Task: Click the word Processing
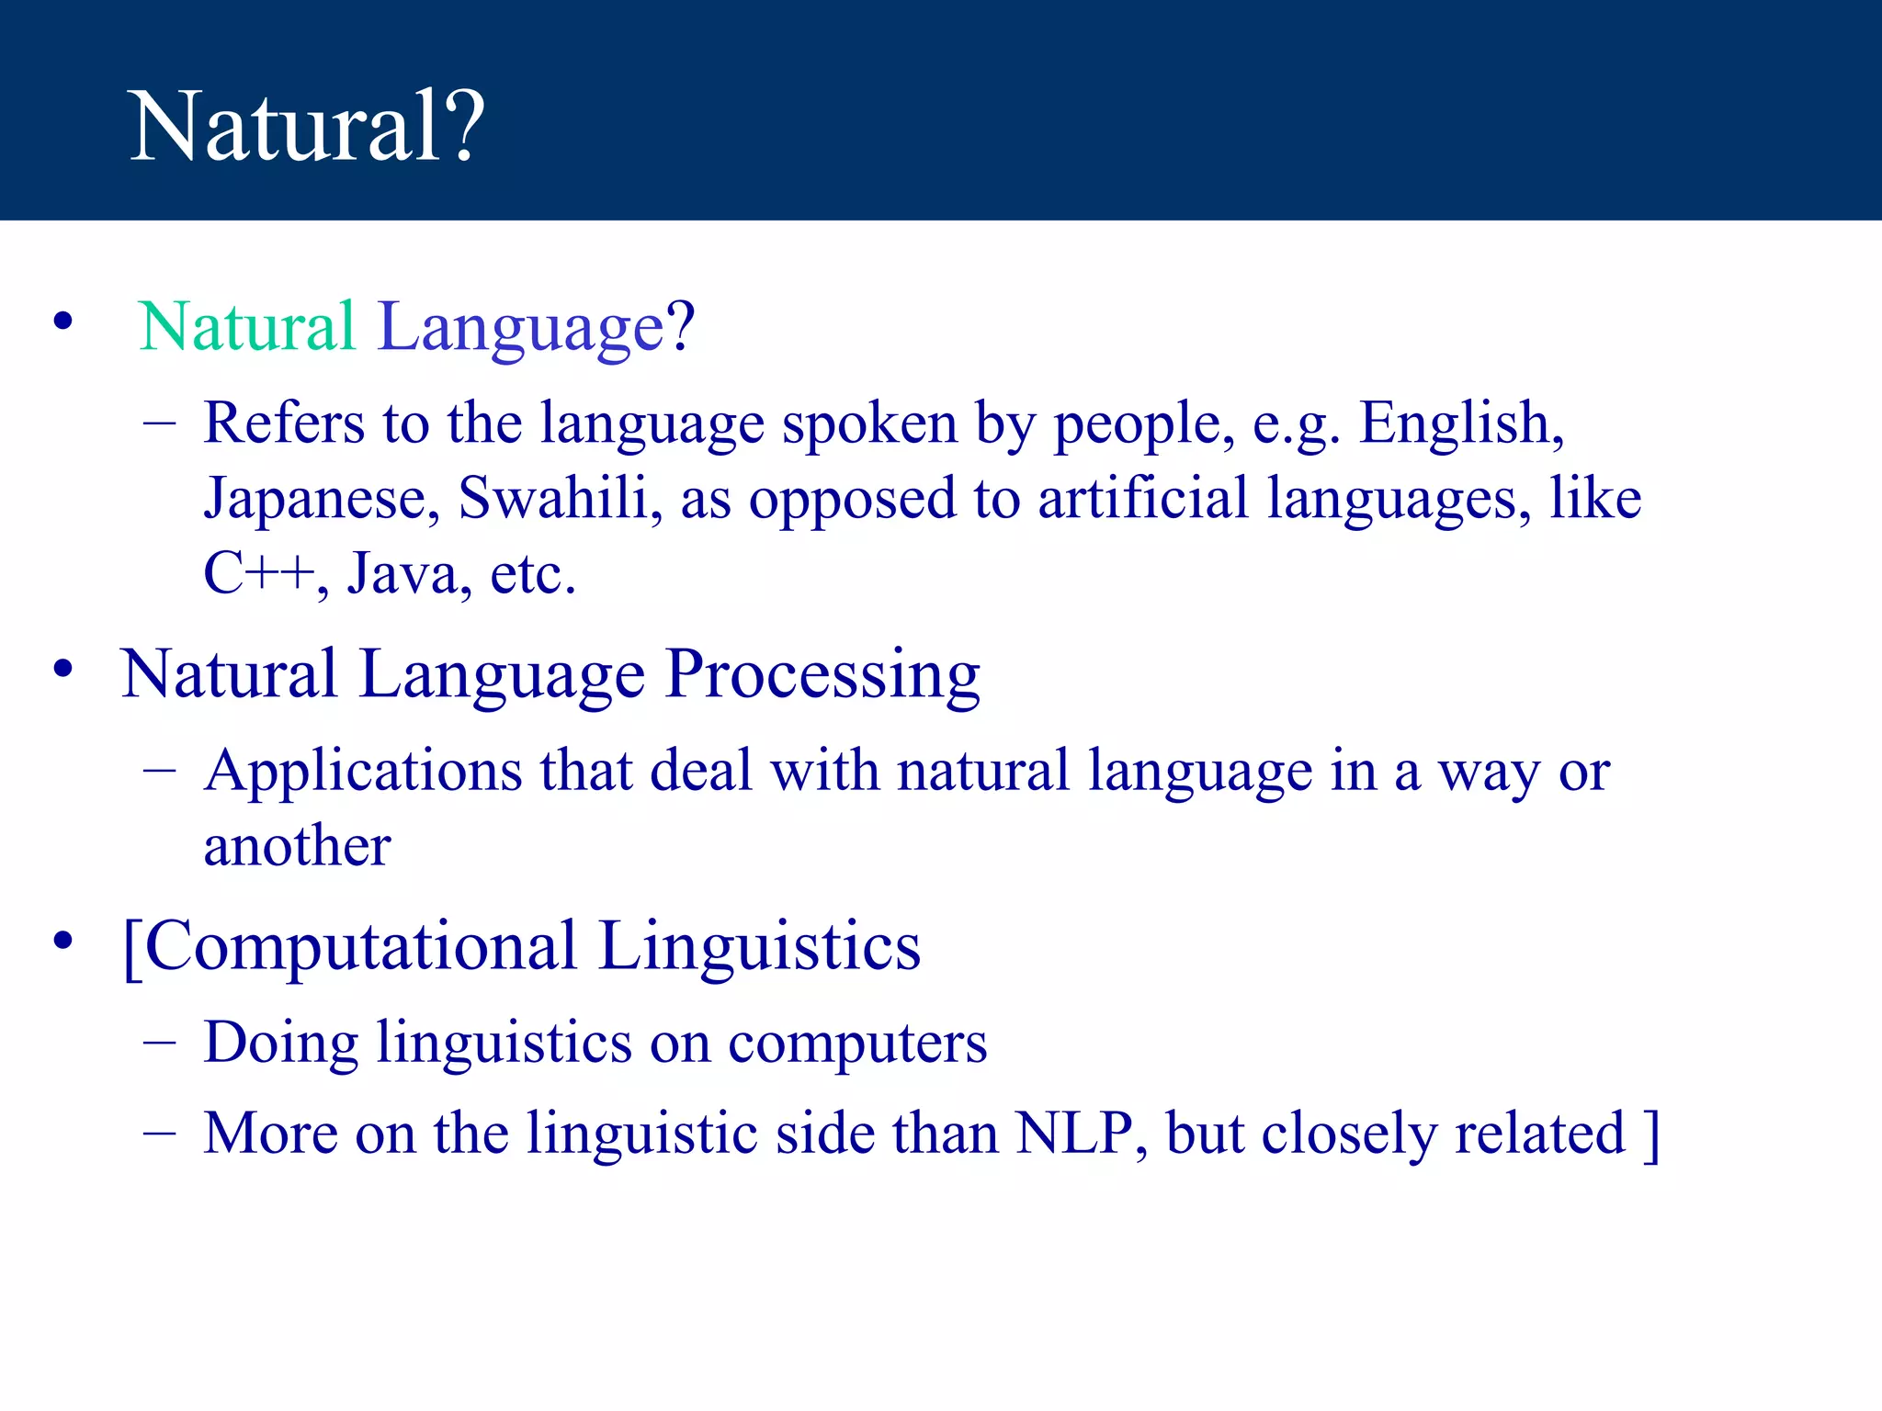coord(822,675)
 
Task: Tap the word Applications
coord(364,772)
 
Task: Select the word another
coord(297,846)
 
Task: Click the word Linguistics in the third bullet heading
coord(759,946)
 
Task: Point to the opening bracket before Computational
coord(131,948)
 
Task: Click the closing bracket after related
coord(1651,1135)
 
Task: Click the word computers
coord(857,1044)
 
